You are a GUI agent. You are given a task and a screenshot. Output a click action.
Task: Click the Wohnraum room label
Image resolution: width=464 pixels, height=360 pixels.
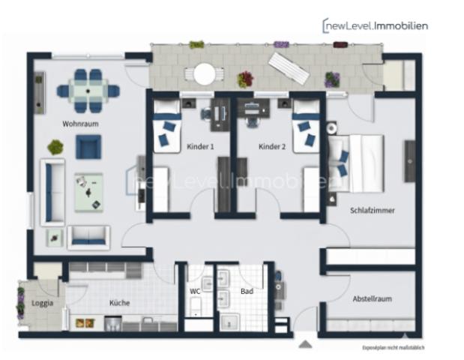[81, 124]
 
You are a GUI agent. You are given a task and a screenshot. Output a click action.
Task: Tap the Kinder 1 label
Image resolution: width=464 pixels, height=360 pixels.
[200, 146]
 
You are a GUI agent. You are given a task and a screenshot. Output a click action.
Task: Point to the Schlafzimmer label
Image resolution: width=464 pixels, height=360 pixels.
[372, 211]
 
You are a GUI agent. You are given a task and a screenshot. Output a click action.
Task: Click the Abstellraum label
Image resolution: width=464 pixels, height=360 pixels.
[372, 299]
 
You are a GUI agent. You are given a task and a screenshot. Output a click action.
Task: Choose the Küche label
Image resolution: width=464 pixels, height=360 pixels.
[118, 303]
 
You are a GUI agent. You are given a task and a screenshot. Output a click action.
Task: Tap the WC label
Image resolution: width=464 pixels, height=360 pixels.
[194, 290]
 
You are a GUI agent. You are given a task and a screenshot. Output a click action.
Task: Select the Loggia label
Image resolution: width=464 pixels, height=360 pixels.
[41, 304]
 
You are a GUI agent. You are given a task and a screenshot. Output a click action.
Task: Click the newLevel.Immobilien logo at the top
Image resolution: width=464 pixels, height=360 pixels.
[375, 25]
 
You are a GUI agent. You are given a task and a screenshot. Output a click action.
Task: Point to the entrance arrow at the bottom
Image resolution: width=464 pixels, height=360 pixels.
[305, 344]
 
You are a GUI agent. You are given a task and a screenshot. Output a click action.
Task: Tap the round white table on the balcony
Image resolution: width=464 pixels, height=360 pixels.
[204, 74]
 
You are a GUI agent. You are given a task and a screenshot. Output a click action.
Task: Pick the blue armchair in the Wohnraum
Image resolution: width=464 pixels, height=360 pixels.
[88, 146]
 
